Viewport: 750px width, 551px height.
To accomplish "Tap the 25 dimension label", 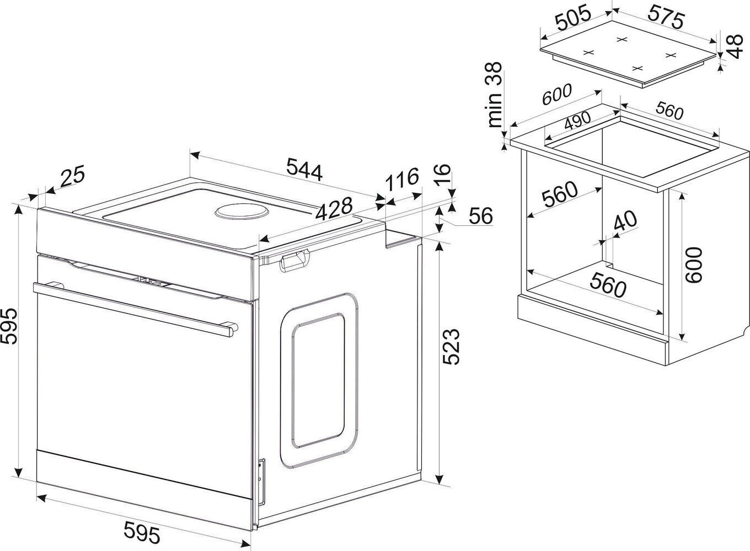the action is point(72,178).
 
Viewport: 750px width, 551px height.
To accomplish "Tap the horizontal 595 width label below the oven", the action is point(141,533).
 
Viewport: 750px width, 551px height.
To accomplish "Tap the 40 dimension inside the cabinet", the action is point(625,223).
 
